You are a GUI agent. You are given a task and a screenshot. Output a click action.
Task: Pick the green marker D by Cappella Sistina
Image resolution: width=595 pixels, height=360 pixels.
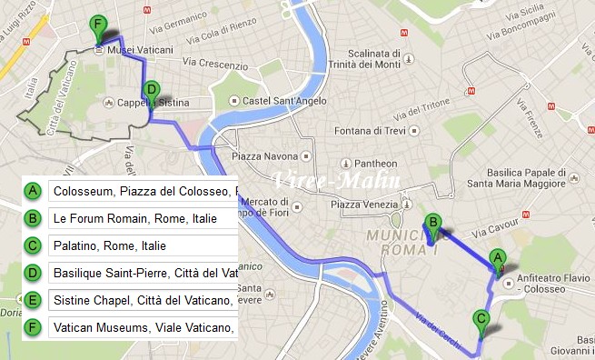(x=152, y=91)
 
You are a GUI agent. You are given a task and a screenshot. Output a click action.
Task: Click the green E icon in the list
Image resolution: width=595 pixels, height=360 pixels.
(x=33, y=300)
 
